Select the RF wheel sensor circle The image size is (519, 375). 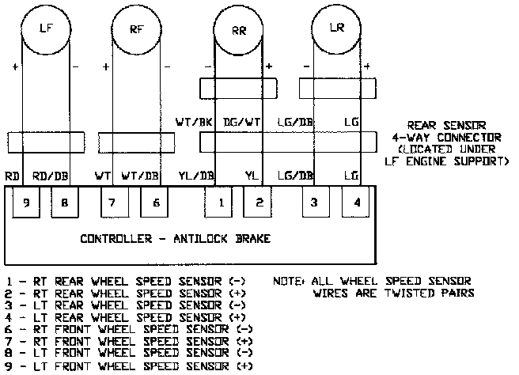(x=137, y=29)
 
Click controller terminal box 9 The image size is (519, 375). (x=26, y=203)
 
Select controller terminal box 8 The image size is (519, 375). (x=65, y=203)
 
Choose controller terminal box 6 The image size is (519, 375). (x=155, y=203)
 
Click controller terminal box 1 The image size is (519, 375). (x=221, y=203)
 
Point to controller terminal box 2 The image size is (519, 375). (x=259, y=203)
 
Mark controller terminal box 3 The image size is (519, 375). (x=315, y=203)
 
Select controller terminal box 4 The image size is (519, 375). (x=357, y=203)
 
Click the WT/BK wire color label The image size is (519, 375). (x=193, y=123)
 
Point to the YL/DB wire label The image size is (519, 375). (x=195, y=176)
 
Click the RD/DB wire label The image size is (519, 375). (x=50, y=176)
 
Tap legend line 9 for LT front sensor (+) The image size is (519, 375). (x=126, y=367)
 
